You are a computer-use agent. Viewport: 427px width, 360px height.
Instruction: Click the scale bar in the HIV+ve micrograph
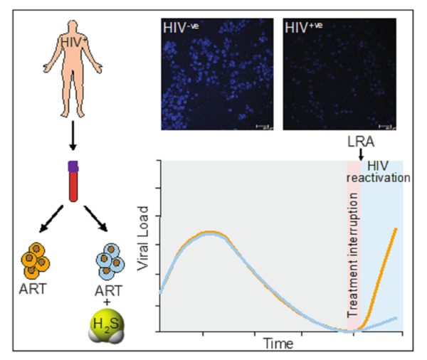[385, 127]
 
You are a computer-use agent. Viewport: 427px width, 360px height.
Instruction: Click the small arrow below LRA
[360, 154]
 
